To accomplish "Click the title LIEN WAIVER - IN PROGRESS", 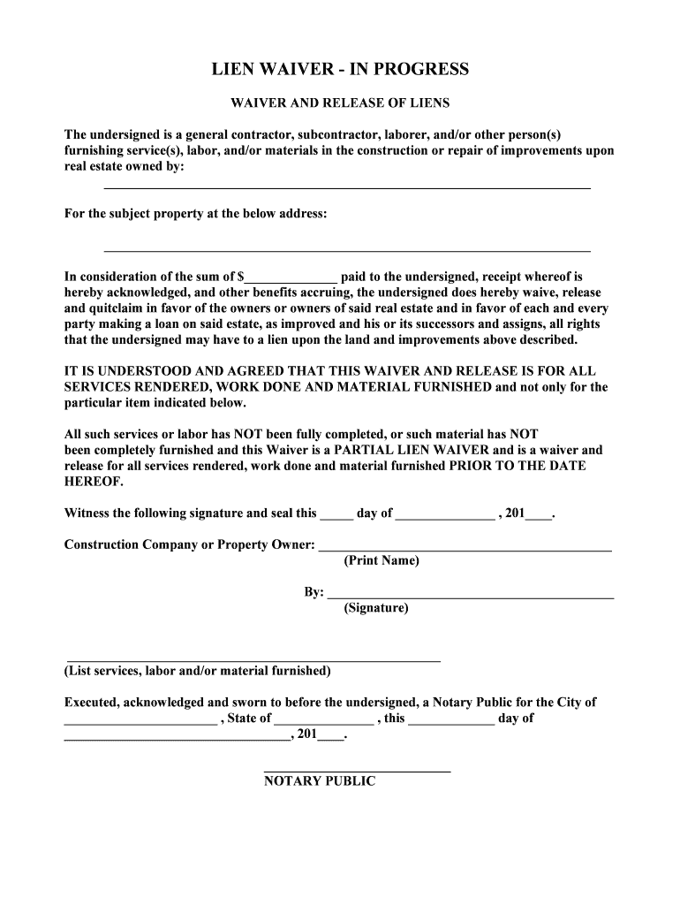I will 340,70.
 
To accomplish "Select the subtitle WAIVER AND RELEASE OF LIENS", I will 340,103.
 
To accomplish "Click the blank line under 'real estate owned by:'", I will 347,186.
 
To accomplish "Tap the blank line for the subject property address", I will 347,250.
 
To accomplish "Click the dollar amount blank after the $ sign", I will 292,278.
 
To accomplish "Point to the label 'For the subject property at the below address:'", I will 196,215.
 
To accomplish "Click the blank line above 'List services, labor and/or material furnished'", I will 253,659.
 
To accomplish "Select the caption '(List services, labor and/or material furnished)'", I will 198,672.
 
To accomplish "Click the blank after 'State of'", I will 323,720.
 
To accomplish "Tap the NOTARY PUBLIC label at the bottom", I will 320,782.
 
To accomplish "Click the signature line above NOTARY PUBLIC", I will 357,771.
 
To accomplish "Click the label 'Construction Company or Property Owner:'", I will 190,545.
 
